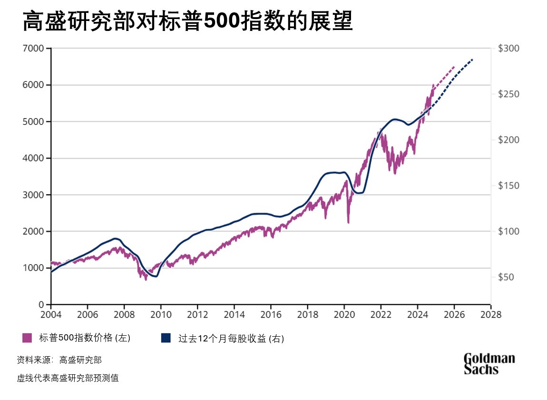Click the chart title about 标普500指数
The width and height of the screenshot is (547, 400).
pos(187,21)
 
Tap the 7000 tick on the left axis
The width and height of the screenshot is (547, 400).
pos(34,49)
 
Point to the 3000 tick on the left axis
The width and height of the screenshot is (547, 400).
pos(34,195)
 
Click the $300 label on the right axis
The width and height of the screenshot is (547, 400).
pos(508,49)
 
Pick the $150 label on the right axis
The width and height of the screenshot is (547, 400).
pos(508,186)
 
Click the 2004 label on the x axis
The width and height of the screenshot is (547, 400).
pos(51,314)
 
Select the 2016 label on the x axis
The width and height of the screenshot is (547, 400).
pos(271,314)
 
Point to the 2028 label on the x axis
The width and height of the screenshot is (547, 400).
pos(490,314)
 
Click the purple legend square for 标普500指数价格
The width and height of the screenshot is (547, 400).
pos(27,338)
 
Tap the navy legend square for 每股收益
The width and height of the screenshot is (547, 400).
pos(166,338)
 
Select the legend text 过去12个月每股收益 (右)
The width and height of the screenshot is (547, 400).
pos(231,339)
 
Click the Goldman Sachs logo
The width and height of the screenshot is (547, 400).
pos(489,363)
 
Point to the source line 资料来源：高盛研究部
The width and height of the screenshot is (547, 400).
pos(59,360)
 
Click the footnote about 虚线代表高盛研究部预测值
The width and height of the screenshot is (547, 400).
pos(68,379)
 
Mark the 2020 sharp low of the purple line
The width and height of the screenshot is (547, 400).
pos(348,222)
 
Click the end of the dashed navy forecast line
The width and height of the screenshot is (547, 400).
pos(473,59)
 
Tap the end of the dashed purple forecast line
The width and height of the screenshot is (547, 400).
pos(454,67)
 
